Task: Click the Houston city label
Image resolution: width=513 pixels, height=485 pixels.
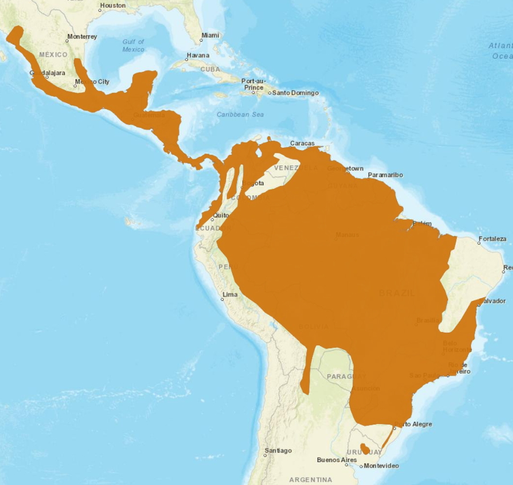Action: [112, 6]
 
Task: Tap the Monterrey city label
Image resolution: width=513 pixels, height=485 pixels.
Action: [82, 37]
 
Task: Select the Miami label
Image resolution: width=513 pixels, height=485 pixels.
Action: [210, 35]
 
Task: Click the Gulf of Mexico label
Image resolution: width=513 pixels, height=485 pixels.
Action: [133, 46]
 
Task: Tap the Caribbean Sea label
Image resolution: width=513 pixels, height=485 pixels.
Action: [240, 115]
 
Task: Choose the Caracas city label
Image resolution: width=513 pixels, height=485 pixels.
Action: [302, 143]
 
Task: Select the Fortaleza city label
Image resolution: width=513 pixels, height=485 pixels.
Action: [492, 239]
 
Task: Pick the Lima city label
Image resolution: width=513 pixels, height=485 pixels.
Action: [229, 294]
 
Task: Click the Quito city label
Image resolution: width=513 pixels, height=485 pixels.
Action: [221, 216]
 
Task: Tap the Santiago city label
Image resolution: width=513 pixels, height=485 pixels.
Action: [279, 451]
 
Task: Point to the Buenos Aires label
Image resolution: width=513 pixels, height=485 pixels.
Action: [337, 460]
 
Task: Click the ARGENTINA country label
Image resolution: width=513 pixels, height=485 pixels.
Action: [311, 479]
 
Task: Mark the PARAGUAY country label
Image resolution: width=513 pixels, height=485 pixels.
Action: [347, 377]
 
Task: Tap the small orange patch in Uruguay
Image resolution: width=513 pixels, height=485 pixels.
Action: [365, 448]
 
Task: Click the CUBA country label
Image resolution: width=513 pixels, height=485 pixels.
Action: [210, 69]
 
